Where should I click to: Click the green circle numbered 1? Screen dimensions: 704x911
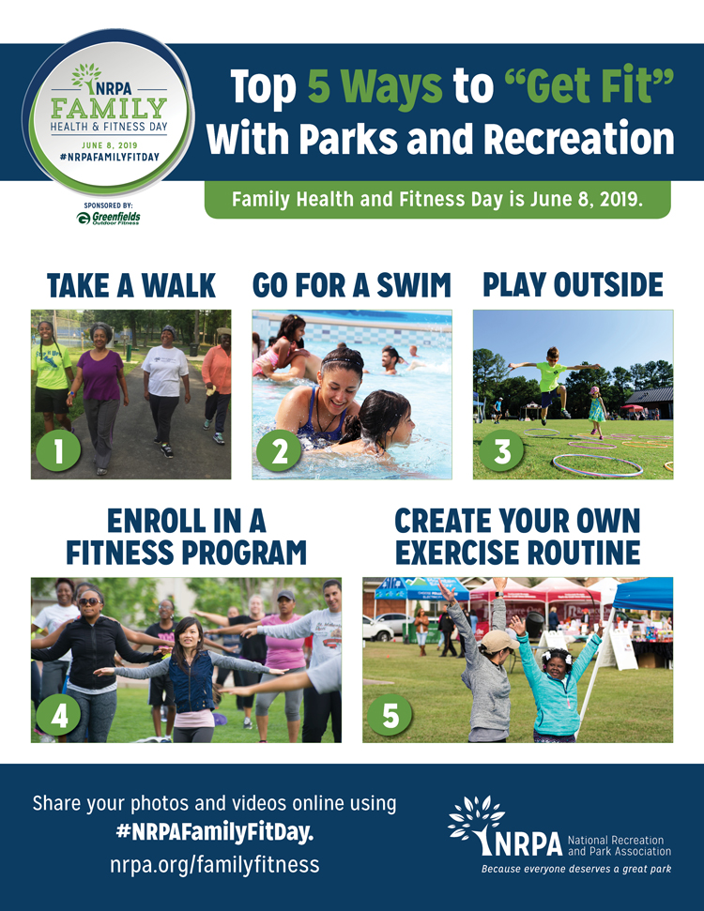tap(58, 451)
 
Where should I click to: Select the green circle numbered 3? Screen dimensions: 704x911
tap(501, 451)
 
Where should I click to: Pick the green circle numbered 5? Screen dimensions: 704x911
tap(390, 714)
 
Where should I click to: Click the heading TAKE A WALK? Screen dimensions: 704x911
tap(131, 286)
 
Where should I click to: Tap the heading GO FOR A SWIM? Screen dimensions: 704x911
tap(352, 285)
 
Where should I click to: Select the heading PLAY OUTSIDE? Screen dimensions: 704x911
tap(573, 284)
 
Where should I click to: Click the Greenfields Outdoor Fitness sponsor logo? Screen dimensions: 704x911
tap(108, 218)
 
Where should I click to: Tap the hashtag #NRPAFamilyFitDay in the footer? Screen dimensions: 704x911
tap(215, 832)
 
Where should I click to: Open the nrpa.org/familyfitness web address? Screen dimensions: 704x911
tap(215, 864)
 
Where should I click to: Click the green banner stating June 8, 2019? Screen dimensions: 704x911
tap(437, 200)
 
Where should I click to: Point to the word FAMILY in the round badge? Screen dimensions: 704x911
tap(109, 108)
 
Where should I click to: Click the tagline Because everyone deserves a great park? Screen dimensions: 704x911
tap(576, 869)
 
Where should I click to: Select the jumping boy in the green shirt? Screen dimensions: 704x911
tap(551, 384)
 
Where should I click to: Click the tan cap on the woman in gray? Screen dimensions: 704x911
tap(498, 641)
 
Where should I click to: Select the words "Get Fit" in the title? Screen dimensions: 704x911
tap(589, 86)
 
